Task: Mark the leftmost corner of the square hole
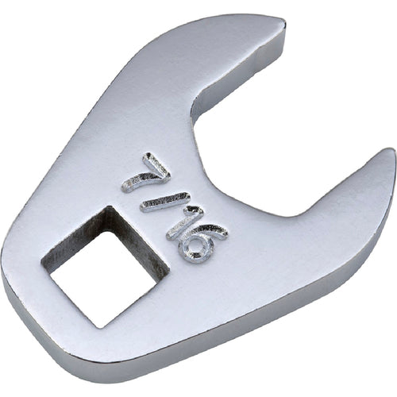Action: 41,262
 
